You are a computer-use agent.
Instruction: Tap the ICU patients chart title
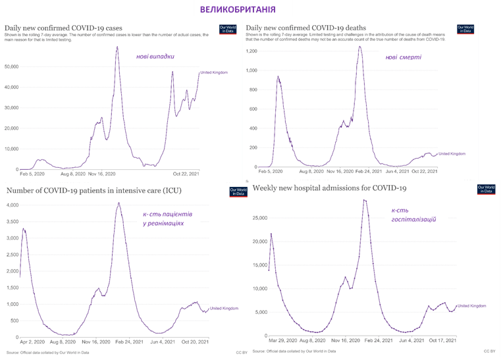pos(94,191)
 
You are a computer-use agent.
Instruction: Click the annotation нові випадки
pos(155,56)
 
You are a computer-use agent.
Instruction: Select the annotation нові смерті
pos(404,57)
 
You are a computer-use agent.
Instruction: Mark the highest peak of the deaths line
pos(360,46)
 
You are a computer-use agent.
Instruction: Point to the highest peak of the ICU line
pos(119,203)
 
